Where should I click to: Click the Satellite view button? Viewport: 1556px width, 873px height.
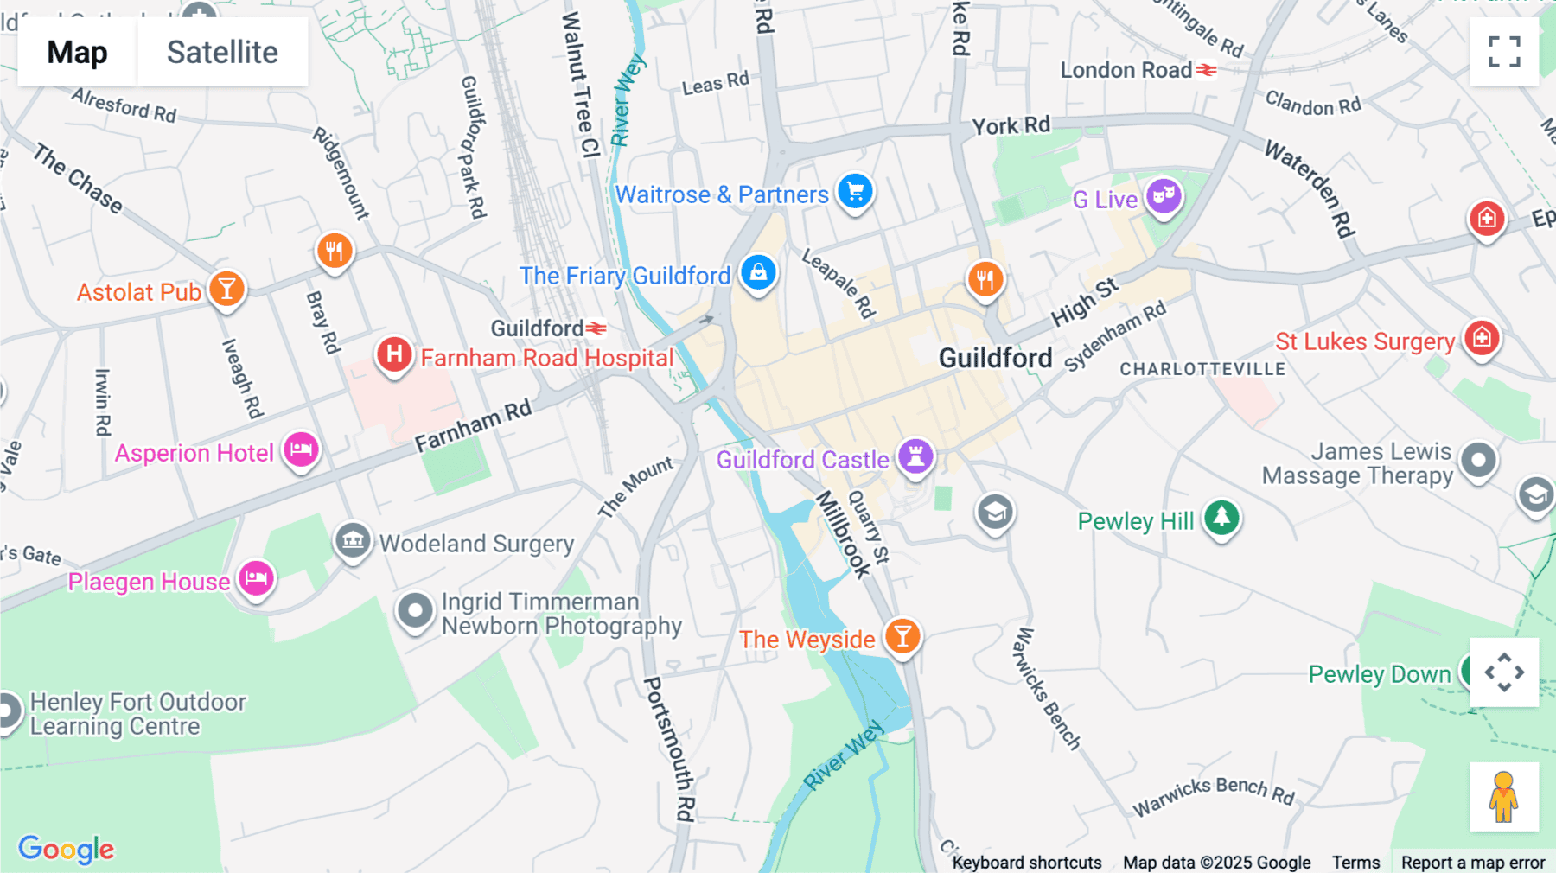(x=222, y=52)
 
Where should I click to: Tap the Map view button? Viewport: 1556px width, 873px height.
(x=77, y=52)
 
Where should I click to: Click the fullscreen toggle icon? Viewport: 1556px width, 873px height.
(x=1504, y=52)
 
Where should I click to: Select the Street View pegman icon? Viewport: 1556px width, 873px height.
(x=1504, y=796)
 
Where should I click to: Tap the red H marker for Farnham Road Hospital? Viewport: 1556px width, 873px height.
(x=394, y=354)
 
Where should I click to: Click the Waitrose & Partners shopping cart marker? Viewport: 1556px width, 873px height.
(x=855, y=192)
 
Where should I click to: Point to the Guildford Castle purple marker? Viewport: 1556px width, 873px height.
(x=915, y=456)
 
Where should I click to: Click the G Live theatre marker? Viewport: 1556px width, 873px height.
(x=1164, y=196)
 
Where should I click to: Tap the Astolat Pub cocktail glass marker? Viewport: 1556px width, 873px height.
(x=226, y=290)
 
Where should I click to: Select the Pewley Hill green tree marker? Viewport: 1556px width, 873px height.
(x=1221, y=518)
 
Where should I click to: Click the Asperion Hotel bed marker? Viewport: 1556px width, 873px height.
(x=301, y=449)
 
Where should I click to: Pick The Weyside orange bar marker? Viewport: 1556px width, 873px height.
(x=902, y=637)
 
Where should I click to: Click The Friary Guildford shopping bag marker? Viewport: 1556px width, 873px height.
(x=758, y=273)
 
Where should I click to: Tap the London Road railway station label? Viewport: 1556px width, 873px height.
(x=1126, y=70)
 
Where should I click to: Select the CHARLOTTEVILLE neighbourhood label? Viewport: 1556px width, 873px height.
(x=1202, y=369)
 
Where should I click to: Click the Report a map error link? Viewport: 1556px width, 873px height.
(x=1472, y=862)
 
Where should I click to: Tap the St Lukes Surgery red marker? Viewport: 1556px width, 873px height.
(x=1482, y=338)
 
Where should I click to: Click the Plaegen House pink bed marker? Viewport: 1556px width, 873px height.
(x=256, y=578)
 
